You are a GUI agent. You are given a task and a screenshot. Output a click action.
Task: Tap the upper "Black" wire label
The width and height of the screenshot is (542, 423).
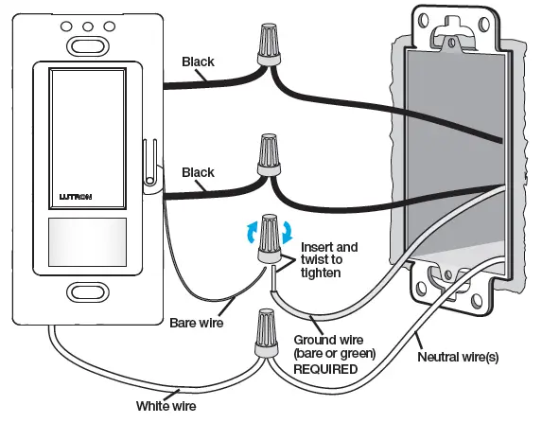(199, 62)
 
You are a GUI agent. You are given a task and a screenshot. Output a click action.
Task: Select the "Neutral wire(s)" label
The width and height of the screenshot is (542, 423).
(460, 359)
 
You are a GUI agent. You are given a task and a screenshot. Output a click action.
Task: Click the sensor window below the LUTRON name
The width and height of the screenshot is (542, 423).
(86, 241)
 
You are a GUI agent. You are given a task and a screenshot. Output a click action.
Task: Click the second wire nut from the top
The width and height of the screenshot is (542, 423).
(265, 155)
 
